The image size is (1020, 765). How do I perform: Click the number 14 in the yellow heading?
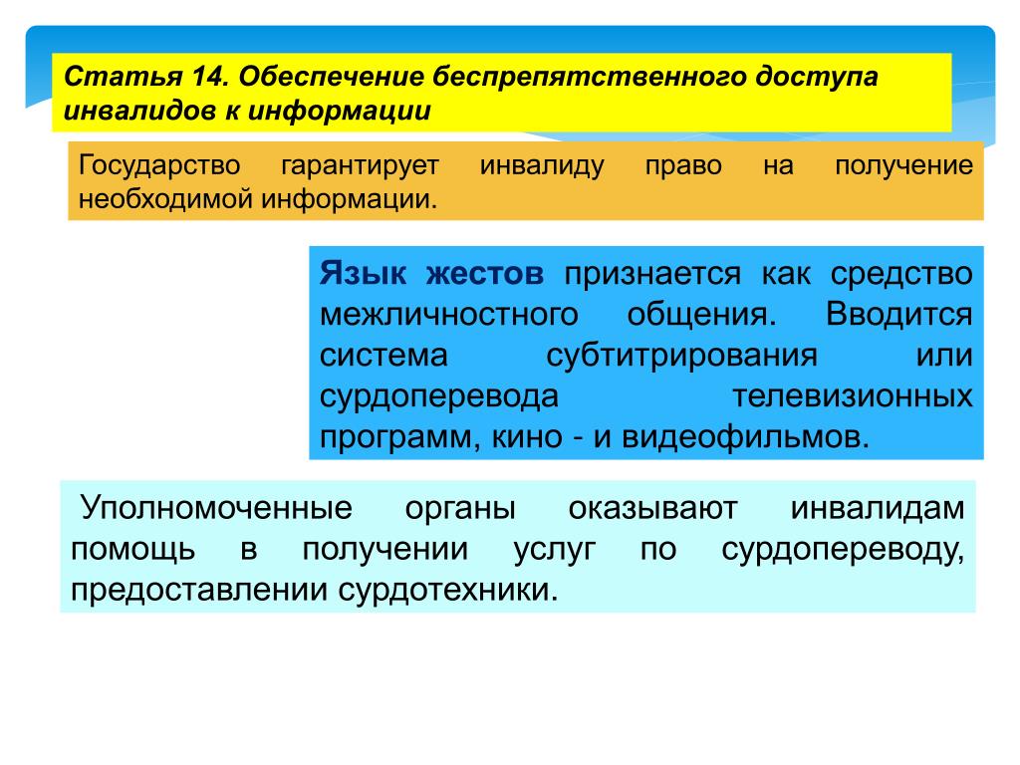tap(207, 77)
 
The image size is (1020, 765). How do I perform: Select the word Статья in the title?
tap(123, 77)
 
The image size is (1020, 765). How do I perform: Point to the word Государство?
tap(159, 165)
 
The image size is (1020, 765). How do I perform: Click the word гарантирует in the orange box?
tap(361, 165)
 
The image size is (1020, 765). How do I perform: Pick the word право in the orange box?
tap(683, 166)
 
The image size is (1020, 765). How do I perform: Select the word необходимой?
tap(166, 199)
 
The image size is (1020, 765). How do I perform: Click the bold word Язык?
tap(363, 273)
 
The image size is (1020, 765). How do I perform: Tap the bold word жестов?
tap(485, 274)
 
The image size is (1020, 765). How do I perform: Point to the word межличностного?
tap(449, 315)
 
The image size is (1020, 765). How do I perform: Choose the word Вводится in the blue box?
tap(899, 314)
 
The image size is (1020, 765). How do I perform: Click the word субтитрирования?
tap(681, 356)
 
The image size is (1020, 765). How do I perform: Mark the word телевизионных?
tap(853, 396)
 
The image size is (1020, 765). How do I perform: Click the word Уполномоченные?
tap(216, 508)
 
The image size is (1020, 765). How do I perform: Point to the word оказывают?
tap(653, 509)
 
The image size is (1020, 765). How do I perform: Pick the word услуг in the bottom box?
tap(554, 550)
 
